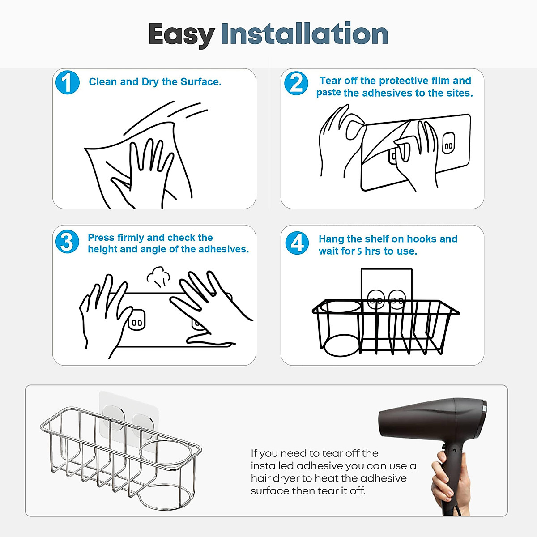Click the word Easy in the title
[x=181, y=34]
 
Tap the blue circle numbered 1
[x=67, y=83]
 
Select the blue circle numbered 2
[x=296, y=83]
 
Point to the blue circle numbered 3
[x=67, y=242]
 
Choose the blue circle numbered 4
[x=297, y=243]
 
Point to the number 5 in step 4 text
[x=359, y=251]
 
